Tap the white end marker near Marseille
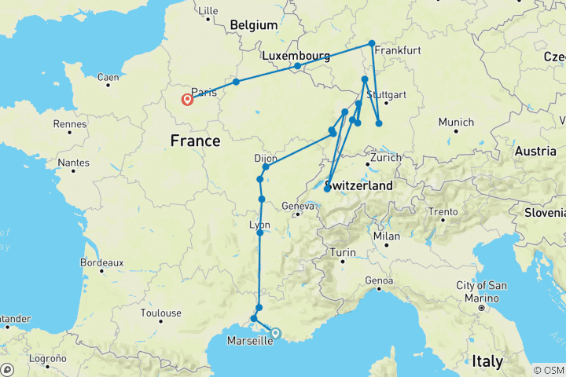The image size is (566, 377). pyautogui.click(x=275, y=333)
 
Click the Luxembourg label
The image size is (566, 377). pyautogui.click(x=296, y=56)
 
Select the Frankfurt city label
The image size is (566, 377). pyautogui.click(x=398, y=50)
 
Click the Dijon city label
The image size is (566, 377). pyautogui.click(x=266, y=158)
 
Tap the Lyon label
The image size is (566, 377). pyautogui.click(x=259, y=225)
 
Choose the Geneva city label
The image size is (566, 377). pyautogui.click(x=298, y=206)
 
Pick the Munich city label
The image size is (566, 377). pyautogui.click(x=457, y=123)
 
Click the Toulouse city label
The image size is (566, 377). pyautogui.click(x=160, y=313)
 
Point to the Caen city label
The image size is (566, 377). pyautogui.click(x=108, y=77)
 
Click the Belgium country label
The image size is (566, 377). pyautogui.click(x=253, y=25)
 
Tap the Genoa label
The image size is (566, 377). pyautogui.click(x=379, y=280)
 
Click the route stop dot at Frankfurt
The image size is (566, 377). pyautogui.click(x=372, y=44)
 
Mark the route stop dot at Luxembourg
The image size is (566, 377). pyautogui.click(x=297, y=66)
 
